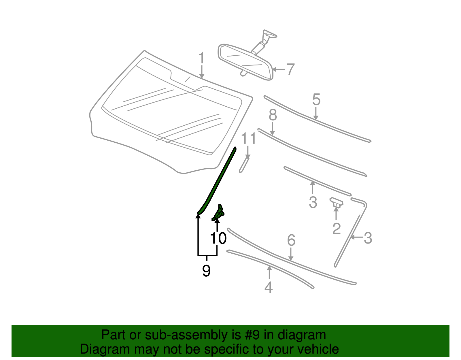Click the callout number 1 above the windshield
coord(201,58)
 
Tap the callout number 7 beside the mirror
coord(290,69)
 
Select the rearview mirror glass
coord(245,62)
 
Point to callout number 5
coord(316,99)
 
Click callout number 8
coord(273,115)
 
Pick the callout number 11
coord(248,139)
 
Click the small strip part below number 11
coord(244,165)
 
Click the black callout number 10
coord(218,238)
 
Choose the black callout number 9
coord(206,271)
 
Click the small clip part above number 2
coord(336,202)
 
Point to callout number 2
coord(336,229)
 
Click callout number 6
coord(291,240)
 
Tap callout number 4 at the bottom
coord(269,287)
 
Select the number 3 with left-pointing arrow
coord(368,238)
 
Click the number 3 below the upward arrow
coord(313,202)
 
